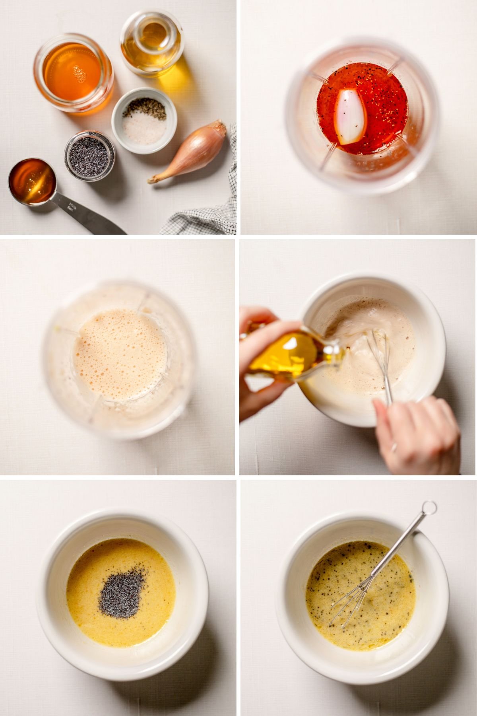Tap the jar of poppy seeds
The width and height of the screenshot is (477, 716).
(x=90, y=156)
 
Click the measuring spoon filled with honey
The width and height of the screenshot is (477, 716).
(x=32, y=181)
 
